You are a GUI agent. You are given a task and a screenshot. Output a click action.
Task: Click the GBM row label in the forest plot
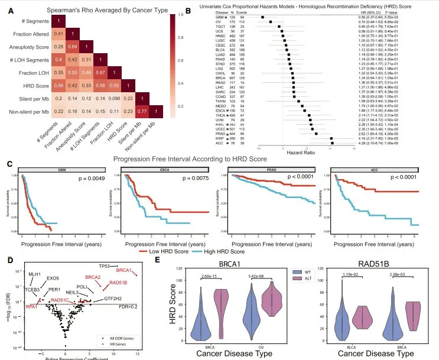click(x=220, y=18)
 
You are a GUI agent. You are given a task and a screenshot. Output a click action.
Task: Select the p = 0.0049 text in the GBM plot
click(x=92, y=178)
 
